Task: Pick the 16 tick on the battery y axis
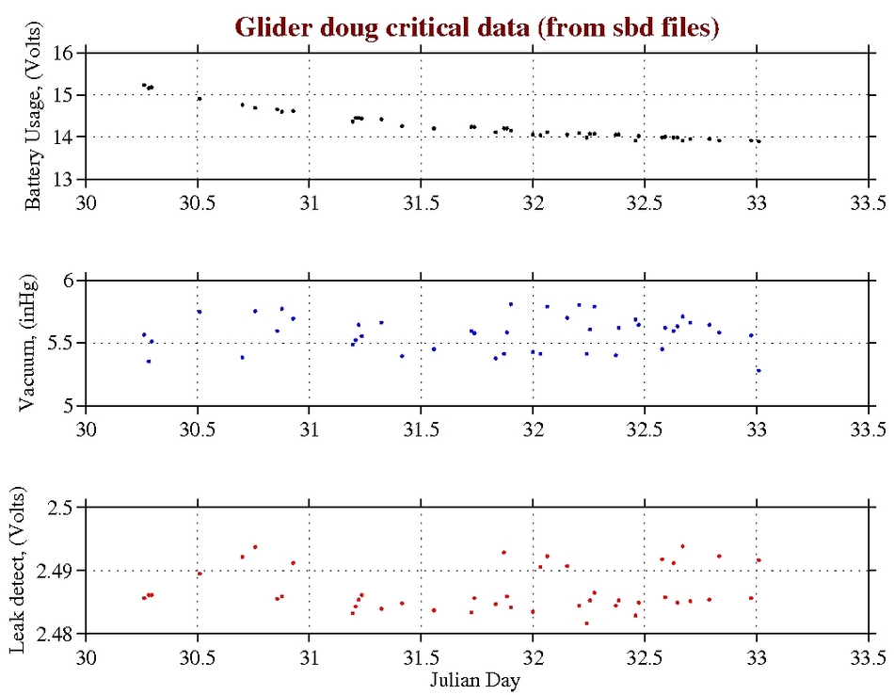click(x=66, y=53)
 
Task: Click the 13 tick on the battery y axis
click(x=66, y=179)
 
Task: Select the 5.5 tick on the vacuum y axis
click(x=60, y=344)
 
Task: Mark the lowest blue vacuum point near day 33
click(x=758, y=370)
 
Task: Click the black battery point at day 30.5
click(x=199, y=98)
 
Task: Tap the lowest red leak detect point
click(x=586, y=623)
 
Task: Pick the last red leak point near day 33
click(x=758, y=560)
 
